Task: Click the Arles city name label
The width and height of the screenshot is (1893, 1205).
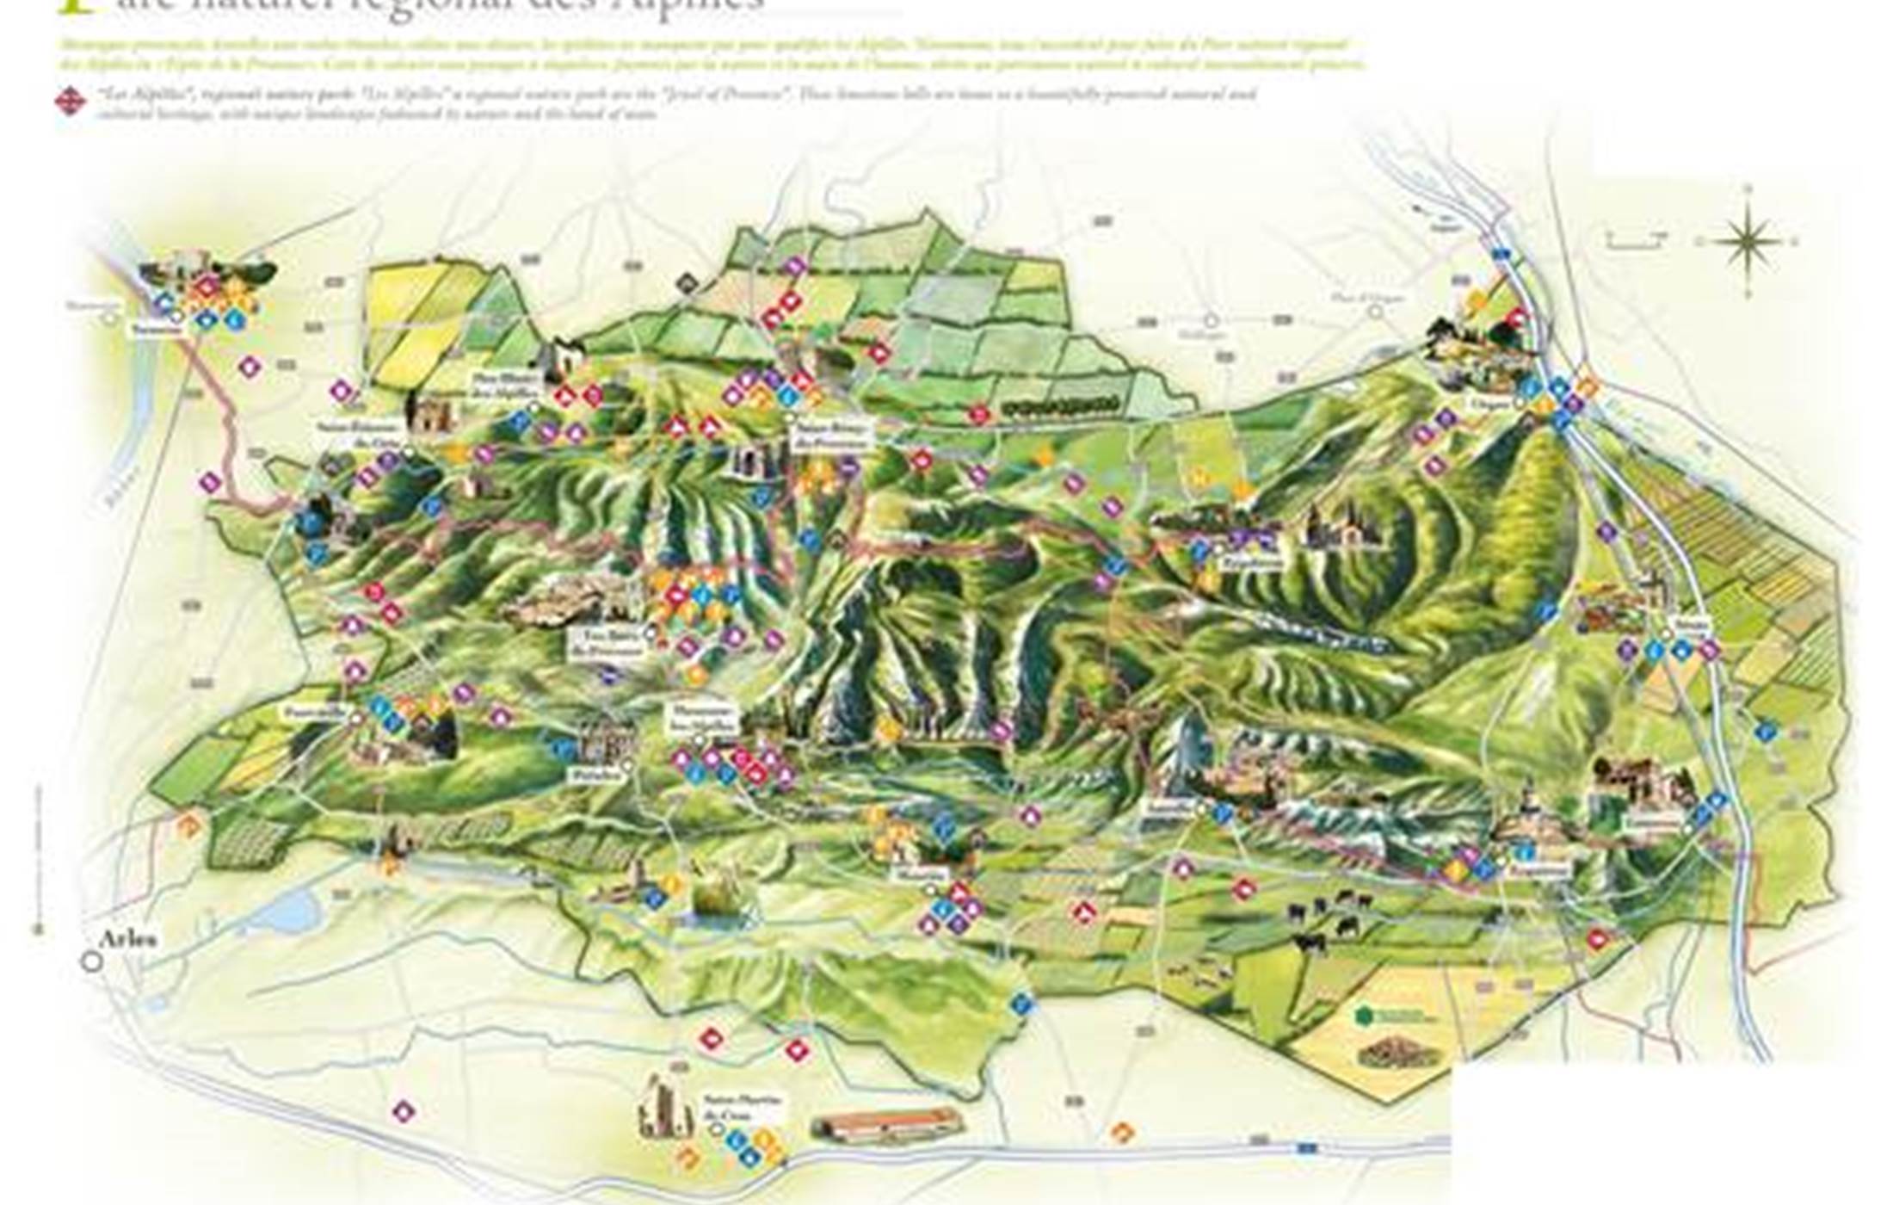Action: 129,939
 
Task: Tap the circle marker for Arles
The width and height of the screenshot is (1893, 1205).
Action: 92,961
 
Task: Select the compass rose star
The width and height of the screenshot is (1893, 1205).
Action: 1749,240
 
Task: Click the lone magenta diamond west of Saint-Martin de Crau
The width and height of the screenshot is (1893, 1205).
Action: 403,1111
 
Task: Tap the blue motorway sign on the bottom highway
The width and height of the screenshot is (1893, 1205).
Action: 1307,1148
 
